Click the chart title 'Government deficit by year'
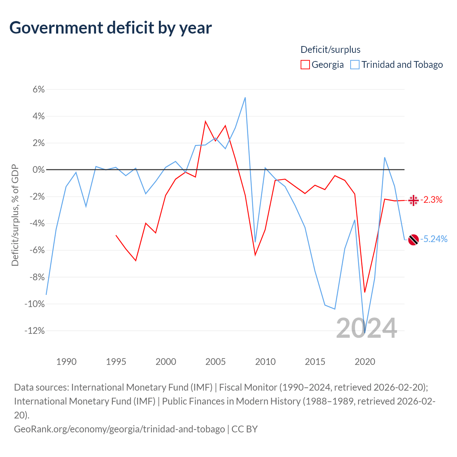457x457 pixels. [110, 28]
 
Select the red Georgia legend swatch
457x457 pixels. [305, 65]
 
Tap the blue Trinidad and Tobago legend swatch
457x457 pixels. [355, 65]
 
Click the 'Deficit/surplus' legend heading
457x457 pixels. [330, 50]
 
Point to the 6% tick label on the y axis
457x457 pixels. [39, 89]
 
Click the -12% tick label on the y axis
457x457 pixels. [35, 331]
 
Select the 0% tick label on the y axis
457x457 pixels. [39, 170]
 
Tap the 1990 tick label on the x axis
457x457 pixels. [66, 362]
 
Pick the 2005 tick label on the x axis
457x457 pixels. [215, 362]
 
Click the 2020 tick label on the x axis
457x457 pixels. [365, 362]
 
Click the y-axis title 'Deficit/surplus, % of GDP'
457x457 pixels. [15, 215]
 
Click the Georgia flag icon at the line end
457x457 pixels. [413, 200]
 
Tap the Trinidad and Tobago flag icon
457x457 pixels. [413, 240]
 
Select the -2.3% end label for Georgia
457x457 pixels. [431, 200]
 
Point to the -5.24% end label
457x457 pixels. [434, 239]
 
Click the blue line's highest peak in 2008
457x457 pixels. [245, 97]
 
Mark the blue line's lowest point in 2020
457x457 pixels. [365, 333]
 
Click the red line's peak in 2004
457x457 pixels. [205, 121]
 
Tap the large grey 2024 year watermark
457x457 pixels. [366, 328]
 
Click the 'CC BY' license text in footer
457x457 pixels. [244, 429]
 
